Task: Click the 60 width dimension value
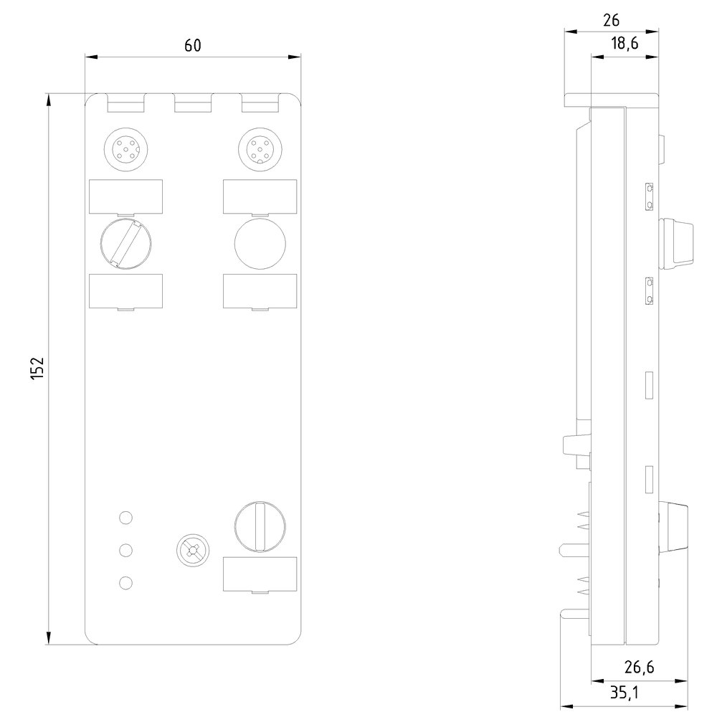coord(192,45)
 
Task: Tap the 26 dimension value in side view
coord(611,19)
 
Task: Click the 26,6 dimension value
coord(638,668)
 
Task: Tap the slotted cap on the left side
coord(125,244)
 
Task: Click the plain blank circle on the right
coord(260,244)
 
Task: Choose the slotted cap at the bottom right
coord(260,527)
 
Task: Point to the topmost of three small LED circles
coord(126,517)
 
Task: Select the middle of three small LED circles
coord(126,550)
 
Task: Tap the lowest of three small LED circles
coord(126,583)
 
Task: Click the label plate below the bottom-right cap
coord(260,575)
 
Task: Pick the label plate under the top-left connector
coord(125,196)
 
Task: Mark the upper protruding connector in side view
coord(677,243)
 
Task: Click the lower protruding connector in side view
coord(674,526)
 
